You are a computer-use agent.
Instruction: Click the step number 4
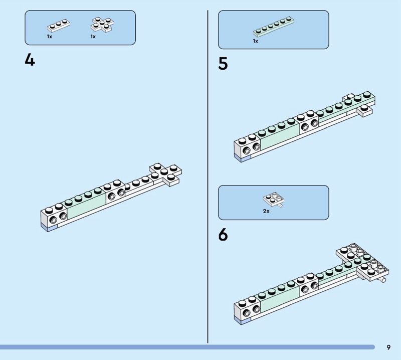pyautogui.click(x=30, y=60)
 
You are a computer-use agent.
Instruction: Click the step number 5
pyautogui.click(x=223, y=64)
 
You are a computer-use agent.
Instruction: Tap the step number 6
pyautogui.click(x=223, y=234)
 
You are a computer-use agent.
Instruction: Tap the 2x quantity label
pyautogui.click(x=266, y=211)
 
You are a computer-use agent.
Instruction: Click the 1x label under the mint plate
pyautogui.click(x=255, y=41)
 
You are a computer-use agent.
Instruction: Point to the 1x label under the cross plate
pyautogui.click(x=93, y=37)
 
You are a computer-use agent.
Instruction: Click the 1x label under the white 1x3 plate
pyautogui.click(x=50, y=37)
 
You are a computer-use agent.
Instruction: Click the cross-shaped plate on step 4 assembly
pyautogui.click(x=165, y=171)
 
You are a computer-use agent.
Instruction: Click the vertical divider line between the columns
pyautogui.click(x=208, y=175)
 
